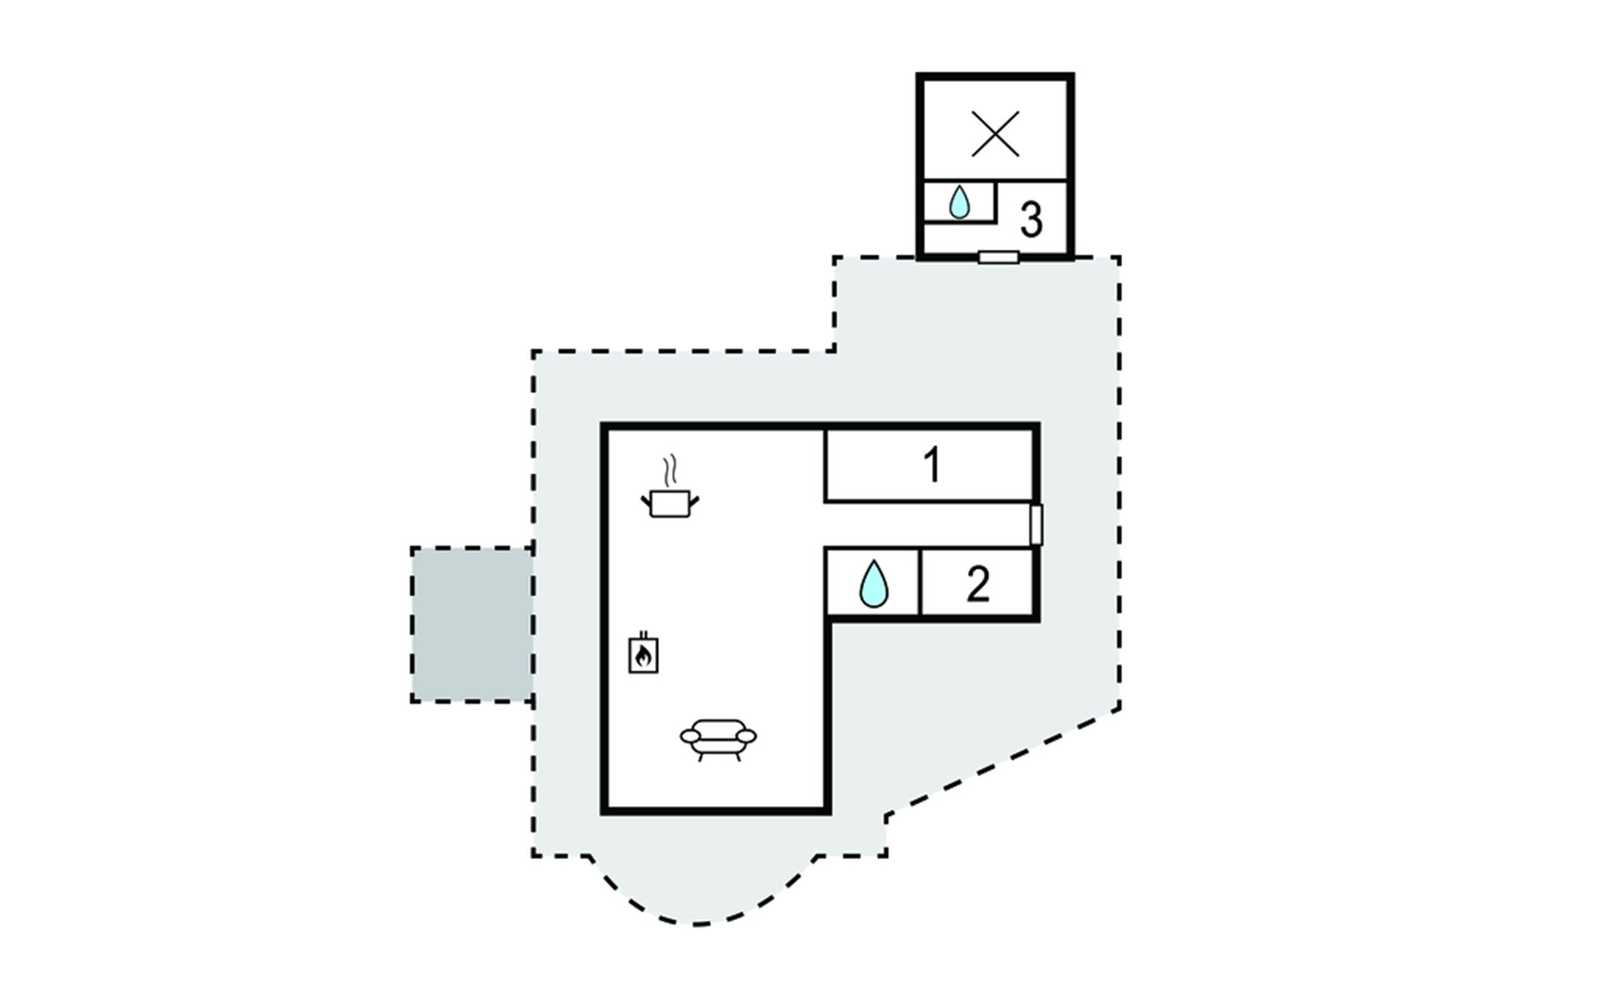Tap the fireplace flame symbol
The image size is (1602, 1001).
click(x=642, y=656)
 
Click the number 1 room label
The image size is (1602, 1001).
click(x=932, y=465)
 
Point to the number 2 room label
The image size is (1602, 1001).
click(x=978, y=584)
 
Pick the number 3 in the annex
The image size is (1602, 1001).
click(x=1031, y=220)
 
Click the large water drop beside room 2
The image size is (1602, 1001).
click(x=874, y=584)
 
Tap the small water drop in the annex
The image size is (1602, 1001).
click(x=960, y=202)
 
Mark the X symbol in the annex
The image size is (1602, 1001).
click(x=995, y=133)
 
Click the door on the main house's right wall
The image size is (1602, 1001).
click(x=1036, y=525)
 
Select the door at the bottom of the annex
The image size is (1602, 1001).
click(x=998, y=258)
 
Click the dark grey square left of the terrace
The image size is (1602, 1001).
click(x=471, y=624)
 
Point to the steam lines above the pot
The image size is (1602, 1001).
click(x=668, y=471)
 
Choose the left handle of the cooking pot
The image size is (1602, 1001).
click(x=646, y=500)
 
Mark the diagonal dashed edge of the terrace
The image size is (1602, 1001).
click(x=1001, y=761)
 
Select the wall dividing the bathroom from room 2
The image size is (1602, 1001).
click(x=919, y=582)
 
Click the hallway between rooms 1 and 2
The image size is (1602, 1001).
click(x=926, y=525)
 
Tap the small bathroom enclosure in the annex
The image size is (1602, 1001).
click(x=960, y=202)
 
